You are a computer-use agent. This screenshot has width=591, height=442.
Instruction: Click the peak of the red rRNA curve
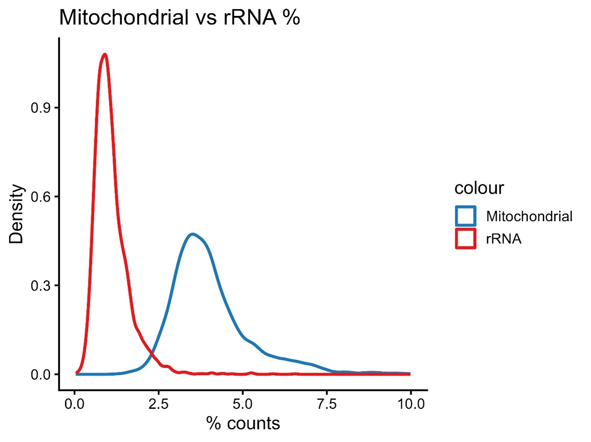(105, 55)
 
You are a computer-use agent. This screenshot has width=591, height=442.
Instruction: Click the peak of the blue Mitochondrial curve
(193, 234)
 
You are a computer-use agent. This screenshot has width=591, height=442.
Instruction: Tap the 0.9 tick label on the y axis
(39, 108)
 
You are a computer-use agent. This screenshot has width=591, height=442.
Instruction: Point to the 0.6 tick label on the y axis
(39, 197)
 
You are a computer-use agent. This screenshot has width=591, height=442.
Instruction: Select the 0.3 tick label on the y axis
(39, 286)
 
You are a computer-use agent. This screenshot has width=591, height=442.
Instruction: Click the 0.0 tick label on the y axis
(39, 375)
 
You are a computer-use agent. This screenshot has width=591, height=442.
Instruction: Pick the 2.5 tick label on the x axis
(159, 404)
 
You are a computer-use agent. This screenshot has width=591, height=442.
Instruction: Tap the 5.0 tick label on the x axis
(242, 404)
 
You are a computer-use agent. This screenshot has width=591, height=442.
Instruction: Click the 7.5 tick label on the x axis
(327, 404)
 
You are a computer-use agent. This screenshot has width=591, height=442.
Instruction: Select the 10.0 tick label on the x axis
(411, 404)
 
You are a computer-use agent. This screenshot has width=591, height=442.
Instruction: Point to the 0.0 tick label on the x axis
(75, 404)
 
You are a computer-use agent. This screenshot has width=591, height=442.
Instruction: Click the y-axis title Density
(16, 214)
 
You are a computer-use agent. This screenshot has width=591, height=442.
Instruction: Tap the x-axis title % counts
(243, 423)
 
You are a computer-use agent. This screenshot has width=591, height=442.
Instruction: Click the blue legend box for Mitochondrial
(465, 216)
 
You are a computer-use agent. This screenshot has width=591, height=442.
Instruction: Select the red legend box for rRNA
(465, 238)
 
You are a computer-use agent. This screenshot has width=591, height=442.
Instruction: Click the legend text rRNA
(503, 238)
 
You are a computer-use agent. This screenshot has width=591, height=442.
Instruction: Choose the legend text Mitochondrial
(529, 216)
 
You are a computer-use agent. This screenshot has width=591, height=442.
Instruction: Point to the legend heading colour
(479, 188)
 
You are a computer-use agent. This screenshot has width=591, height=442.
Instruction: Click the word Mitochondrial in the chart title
(124, 18)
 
